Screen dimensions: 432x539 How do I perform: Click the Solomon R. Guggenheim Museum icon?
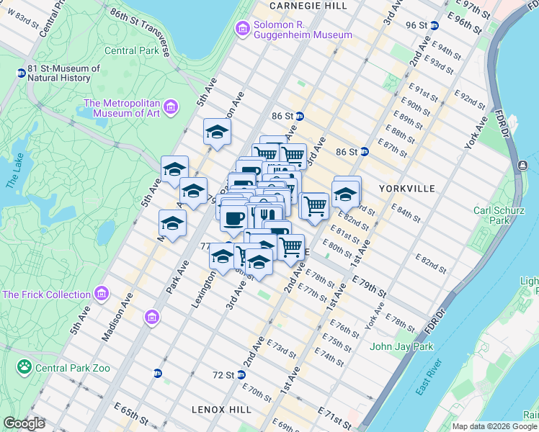coord(243,28)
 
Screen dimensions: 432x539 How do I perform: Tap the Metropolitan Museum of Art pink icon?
coord(170,108)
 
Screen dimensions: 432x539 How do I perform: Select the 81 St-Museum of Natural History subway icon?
coord(22,73)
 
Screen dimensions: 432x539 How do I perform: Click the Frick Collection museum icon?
coord(101,294)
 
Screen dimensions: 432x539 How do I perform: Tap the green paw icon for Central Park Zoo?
coord(25,367)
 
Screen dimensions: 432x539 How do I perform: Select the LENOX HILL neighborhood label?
coord(221,409)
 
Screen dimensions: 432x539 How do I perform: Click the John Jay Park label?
coord(401,346)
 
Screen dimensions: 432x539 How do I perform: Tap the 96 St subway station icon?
coord(434,25)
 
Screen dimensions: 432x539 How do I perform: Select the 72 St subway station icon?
coord(241,374)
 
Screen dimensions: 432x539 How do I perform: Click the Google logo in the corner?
coord(24,423)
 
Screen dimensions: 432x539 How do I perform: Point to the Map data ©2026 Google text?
coord(494,426)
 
